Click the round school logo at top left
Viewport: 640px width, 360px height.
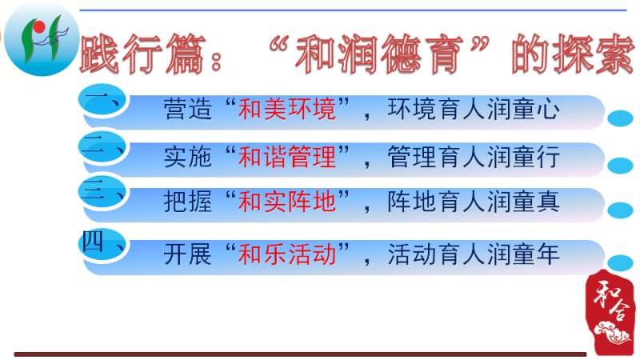coord(42,39)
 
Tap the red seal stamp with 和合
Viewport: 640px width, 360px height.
coord(610,312)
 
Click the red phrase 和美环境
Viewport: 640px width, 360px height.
coord(287,110)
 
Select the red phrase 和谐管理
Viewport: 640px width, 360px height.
coord(287,157)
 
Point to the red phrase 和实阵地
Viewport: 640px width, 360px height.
coord(287,202)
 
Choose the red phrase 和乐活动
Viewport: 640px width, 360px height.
coord(287,254)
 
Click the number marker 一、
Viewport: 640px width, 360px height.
coord(102,101)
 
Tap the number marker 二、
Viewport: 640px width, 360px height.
coord(102,147)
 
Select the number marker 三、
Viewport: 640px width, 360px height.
coord(102,192)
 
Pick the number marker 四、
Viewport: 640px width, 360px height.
coord(102,244)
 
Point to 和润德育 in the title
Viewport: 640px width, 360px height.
coord(379,54)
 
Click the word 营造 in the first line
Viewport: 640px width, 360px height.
coord(188,110)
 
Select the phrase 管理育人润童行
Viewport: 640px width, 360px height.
coord(474,157)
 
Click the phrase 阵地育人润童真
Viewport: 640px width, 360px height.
coord(474,202)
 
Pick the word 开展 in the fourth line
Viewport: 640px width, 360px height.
coord(188,254)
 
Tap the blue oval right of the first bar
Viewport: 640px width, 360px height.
coord(620,118)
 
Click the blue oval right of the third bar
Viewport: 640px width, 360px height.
coord(620,210)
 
